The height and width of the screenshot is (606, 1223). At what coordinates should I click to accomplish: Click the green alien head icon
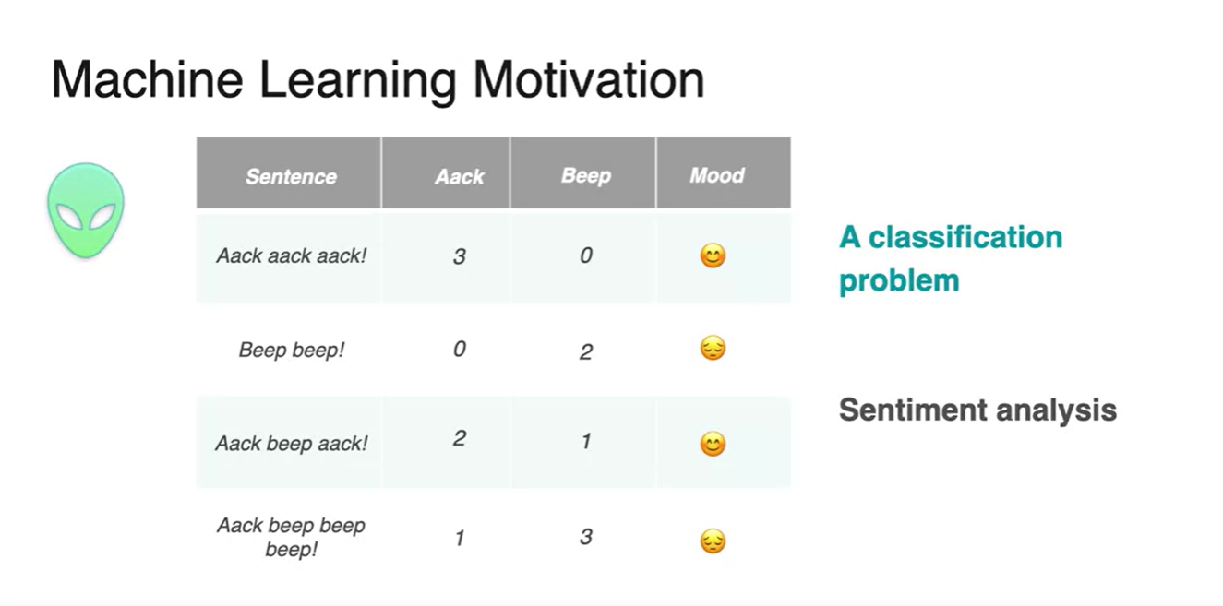coord(86,210)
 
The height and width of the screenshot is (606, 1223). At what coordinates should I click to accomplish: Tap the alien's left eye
coord(69,218)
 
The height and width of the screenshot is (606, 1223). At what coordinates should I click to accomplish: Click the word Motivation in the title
coord(589,80)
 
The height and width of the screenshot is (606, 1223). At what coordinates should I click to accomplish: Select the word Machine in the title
coord(147,80)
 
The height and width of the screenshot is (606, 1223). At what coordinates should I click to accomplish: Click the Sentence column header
coord(291,176)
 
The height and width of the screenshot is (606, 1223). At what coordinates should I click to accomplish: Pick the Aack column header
coord(459,176)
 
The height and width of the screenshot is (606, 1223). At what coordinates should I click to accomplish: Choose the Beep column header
coord(586,175)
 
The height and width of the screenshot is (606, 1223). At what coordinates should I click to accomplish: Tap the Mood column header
coord(717,175)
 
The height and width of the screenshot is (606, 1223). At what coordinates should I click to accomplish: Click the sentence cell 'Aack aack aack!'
coord(292,255)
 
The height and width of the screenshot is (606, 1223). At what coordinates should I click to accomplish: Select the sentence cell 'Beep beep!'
coord(292,350)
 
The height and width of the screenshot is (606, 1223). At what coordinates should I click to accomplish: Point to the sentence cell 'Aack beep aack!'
coord(292,444)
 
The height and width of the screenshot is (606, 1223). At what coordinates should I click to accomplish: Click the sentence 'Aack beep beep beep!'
coord(291,537)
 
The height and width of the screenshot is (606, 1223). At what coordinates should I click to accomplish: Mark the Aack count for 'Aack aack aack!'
coord(459,255)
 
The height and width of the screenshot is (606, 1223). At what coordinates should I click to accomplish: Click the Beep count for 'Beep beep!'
coord(586,351)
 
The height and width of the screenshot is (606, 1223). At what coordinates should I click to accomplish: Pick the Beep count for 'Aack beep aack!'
coord(586,441)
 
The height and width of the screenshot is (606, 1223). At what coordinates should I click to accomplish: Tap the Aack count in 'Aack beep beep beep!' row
coord(460,538)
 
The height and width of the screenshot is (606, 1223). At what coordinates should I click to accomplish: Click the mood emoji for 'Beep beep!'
coord(713,348)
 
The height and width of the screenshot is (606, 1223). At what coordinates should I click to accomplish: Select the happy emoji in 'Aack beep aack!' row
coord(713,444)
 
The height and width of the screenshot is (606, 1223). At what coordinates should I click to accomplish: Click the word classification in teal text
coord(965,237)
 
